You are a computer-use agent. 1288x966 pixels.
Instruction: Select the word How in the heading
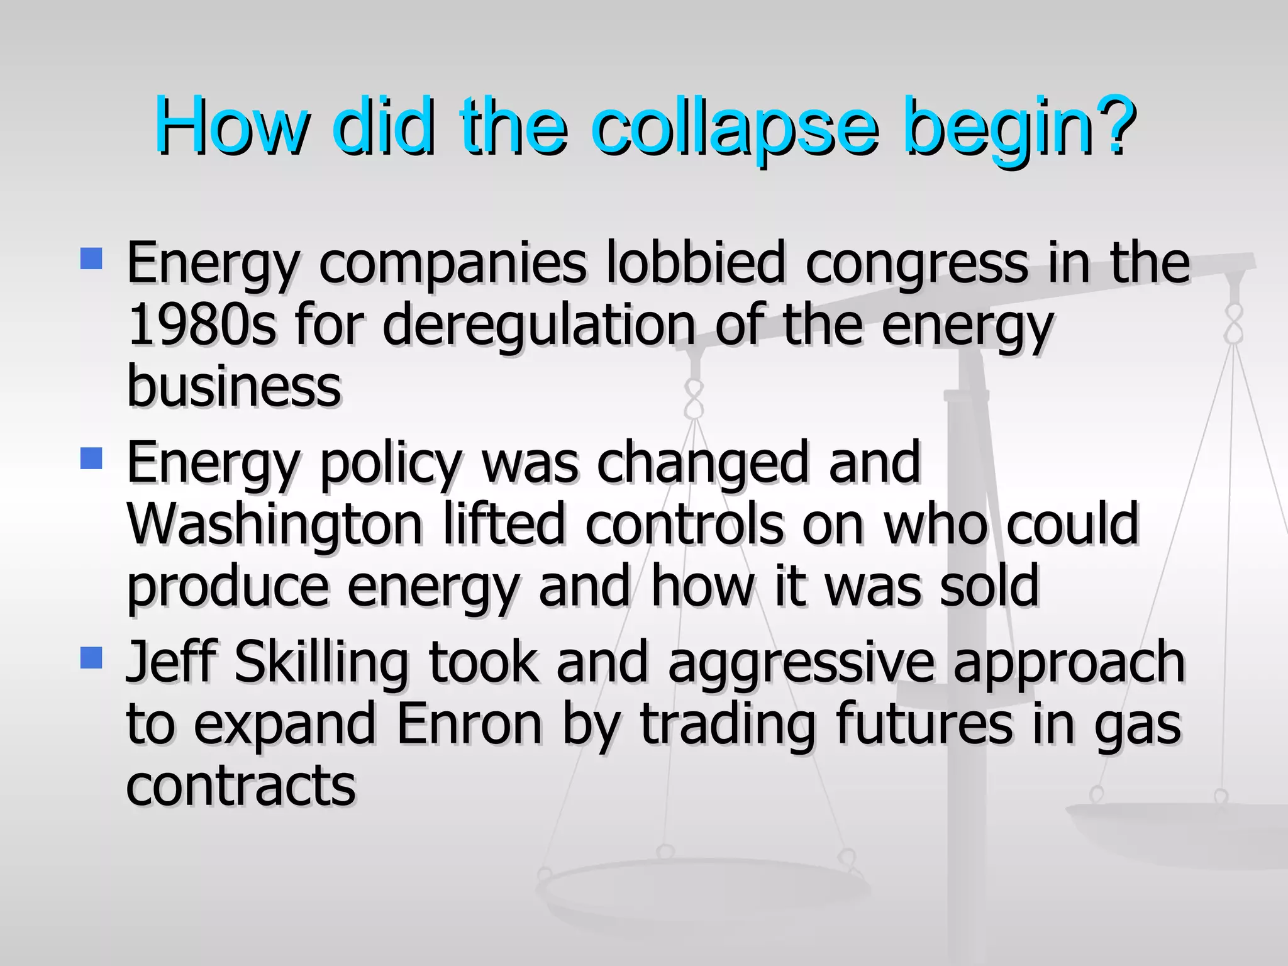coord(232,126)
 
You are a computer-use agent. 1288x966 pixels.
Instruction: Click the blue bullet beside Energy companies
coord(92,258)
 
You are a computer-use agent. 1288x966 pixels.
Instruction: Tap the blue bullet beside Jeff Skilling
coord(92,658)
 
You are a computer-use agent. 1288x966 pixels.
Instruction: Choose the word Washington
coord(274,525)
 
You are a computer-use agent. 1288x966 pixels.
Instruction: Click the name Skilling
coord(321,663)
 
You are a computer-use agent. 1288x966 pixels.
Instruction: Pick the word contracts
coord(241,786)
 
